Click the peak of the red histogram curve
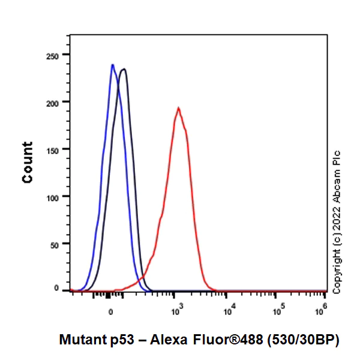click(178, 108)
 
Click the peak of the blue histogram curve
click(112, 65)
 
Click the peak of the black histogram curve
click(124, 69)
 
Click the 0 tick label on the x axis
click(110, 313)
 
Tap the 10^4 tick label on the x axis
click(228, 311)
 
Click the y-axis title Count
click(27, 162)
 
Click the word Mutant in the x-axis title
click(80, 340)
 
